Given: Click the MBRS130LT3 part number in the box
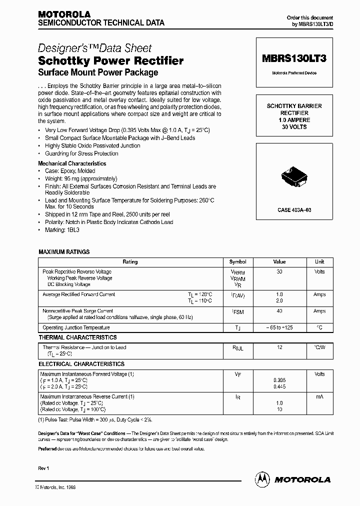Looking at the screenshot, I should click(293, 58).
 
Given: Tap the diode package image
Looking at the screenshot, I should click(293, 177).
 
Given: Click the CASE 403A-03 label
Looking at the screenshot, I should click(294, 210).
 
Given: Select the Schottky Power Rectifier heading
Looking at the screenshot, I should click(110, 61).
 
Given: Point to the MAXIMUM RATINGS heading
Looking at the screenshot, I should click(64, 251).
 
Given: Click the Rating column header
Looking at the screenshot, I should click(130, 262).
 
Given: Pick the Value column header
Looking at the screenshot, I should click(279, 262).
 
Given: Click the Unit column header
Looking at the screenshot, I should click(319, 262).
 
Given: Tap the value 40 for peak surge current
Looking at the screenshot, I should click(279, 311).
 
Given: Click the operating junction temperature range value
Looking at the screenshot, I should click(279, 328).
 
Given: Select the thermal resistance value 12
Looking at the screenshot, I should click(279, 347).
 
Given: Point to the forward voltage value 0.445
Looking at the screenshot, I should click(279, 386).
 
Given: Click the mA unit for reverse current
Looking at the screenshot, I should click(319, 396).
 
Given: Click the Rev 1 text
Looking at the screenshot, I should click(44, 467).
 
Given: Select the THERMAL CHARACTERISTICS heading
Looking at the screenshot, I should click(77, 337).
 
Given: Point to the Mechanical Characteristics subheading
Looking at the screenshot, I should click(72, 163).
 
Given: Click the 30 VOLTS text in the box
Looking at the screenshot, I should click(294, 127).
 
